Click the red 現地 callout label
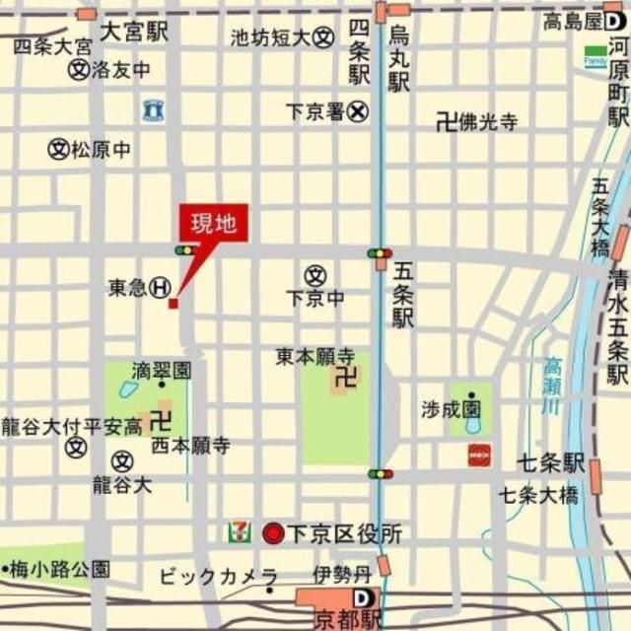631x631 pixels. (x=214, y=224)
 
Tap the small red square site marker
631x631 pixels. (x=174, y=304)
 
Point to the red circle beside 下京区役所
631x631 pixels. (x=272, y=534)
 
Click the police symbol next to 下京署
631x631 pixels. (x=357, y=112)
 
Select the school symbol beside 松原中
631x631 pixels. (x=59, y=150)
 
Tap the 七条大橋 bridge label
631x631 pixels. (x=536, y=494)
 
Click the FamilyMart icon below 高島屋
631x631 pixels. (x=596, y=55)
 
